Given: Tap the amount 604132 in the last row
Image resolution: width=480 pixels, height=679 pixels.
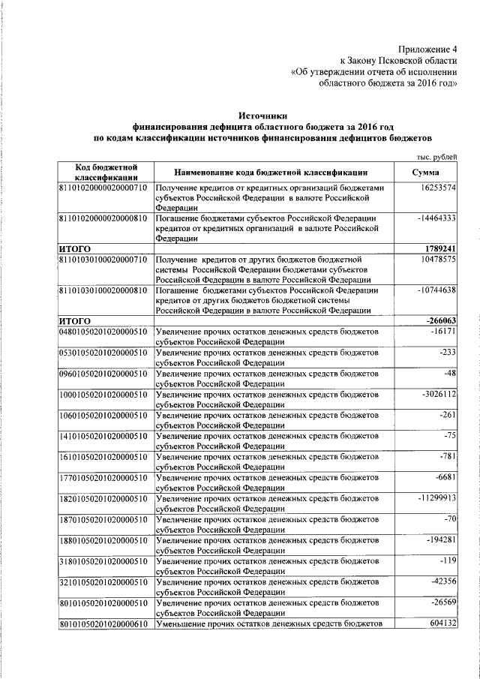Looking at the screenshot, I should point(441,623).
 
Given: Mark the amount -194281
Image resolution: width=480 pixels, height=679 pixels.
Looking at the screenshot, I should point(439,539).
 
